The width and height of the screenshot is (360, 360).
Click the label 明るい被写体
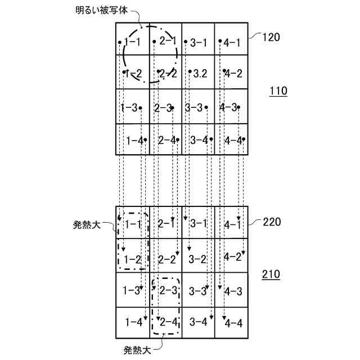(96, 11)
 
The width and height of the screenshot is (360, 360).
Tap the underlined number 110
(278, 92)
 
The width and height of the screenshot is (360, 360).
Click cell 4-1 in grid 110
(231, 42)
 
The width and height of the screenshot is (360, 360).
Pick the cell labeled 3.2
(200, 73)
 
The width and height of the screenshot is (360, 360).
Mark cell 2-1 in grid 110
(166, 40)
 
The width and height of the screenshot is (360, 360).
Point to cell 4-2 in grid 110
(232, 73)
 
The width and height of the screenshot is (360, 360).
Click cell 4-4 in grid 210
(233, 323)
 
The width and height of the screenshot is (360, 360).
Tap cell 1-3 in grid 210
(131, 290)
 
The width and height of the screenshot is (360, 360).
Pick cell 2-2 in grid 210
(166, 259)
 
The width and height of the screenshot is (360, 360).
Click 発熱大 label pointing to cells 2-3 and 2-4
(138, 350)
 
